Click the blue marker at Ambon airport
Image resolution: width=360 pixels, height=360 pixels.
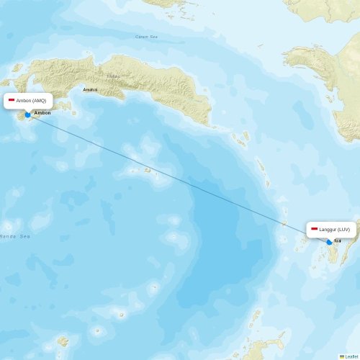pyautogui.click(x=27, y=114)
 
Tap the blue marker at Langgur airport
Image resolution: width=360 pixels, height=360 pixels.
pyautogui.click(x=330, y=242)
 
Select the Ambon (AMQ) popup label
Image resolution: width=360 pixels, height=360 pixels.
pyautogui.click(x=28, y=100)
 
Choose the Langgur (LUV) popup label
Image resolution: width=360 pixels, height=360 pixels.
pyautogui.click(x=330, y=229)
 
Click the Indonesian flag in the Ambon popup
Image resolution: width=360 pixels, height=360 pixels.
pyautogui.click(x=12, y=100)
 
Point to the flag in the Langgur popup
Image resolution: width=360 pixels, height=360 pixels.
pyautogui.click(x=314, y=229)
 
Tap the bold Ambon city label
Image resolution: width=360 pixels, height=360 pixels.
pyautogui.click(x=42, y=113)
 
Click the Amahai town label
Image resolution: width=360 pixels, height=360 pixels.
pyautogui.click(x=90, y=89)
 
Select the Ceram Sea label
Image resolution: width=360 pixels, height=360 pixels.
pyautogui.click(x=146, y=37)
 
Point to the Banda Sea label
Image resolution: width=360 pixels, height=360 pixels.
pyautogui.click(x=14, y=236)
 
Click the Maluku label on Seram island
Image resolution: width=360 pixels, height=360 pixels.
pyautogui.click(x=114, y=75)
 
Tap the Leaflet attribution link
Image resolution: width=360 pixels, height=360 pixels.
pyautogui.click(x=351, y=356)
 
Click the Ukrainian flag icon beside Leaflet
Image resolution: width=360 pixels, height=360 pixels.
pyautogui.click(x=342, y=356)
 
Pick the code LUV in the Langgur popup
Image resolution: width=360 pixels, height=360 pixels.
pyautogui.click(x=343, y=229)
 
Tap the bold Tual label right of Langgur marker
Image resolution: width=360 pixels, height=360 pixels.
pyautogui.click(x=338, y=241)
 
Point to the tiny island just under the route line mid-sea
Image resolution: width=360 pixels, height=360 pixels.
pyautogui.click(x=147, y=171)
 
